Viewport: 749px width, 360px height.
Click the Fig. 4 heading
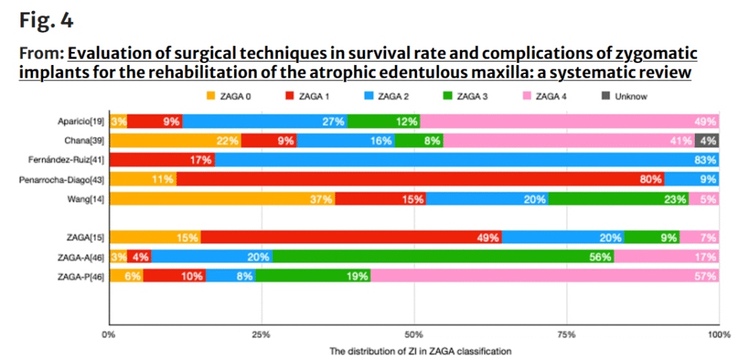[x=46, y=20]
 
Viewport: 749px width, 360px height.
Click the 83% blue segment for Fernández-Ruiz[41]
[x=467, y=160]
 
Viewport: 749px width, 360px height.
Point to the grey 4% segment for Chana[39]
[x=707, y=140]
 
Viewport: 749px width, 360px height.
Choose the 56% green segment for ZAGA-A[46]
[x=443, y=256]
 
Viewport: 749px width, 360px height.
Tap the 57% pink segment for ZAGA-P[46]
[x=545, y=275]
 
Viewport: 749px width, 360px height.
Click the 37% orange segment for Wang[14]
[x=222, y=198]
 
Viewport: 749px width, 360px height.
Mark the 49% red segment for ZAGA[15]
[x=351, y=237]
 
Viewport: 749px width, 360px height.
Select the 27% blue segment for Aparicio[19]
[x=265, y=121]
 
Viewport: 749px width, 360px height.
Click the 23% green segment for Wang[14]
[x=619, y=198]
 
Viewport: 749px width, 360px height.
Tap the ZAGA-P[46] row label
[x=81, y=275]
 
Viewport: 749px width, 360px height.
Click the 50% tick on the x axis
[x=414, y=334]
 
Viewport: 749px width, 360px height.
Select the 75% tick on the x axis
[x=567, y=334]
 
